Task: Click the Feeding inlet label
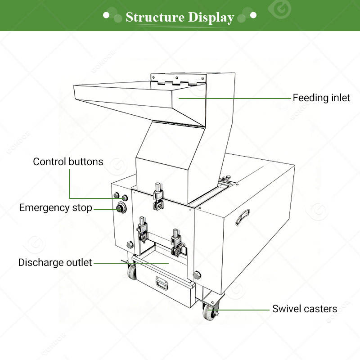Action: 321,98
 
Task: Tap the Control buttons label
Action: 68,162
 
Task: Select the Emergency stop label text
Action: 55,208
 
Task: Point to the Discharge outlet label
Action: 55,262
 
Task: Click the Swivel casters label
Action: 305,309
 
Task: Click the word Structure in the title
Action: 155,17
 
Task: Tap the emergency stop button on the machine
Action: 121,208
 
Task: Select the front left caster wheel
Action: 132,273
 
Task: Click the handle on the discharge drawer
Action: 162,283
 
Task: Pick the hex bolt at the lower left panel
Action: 130,244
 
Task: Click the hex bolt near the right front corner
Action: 197,274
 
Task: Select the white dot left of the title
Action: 106,15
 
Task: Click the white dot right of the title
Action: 253,15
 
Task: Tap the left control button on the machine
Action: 117,195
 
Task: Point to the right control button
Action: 125,198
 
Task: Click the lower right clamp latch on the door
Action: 177,243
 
